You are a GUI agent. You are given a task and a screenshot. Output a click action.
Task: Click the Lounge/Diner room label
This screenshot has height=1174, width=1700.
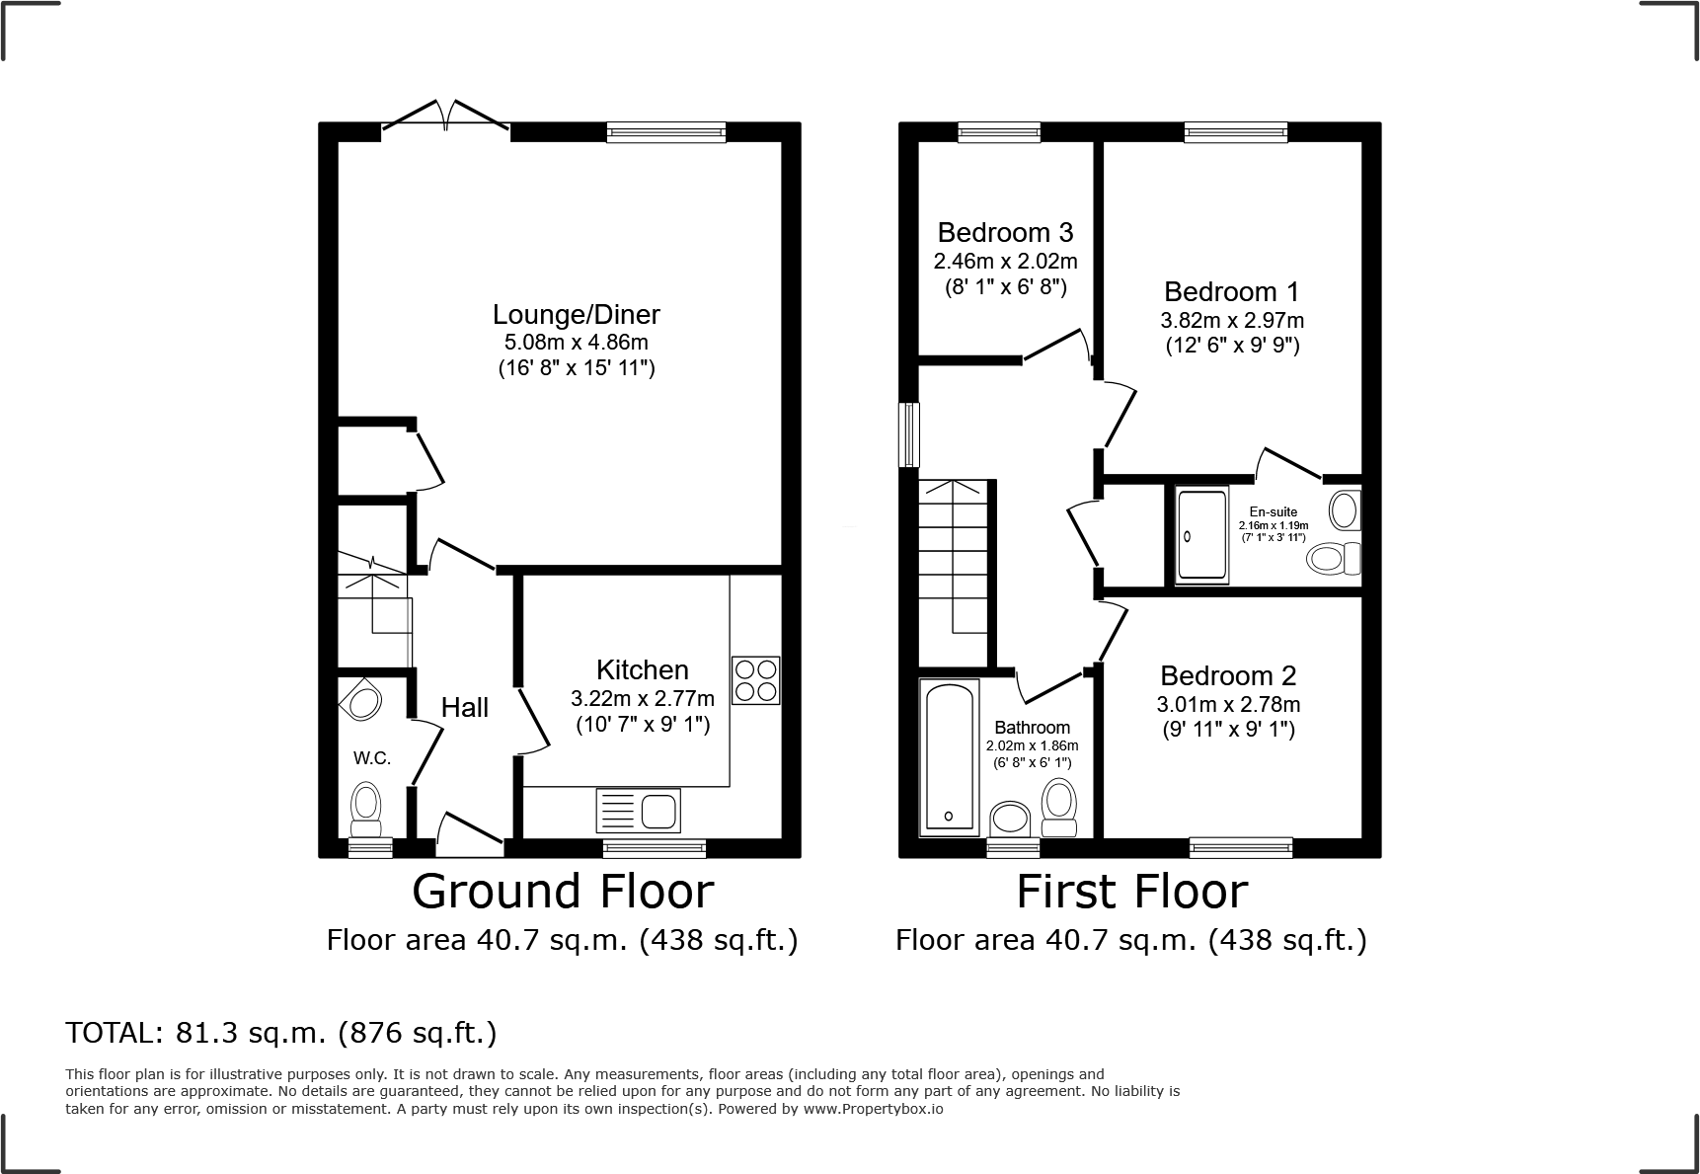point(576,315)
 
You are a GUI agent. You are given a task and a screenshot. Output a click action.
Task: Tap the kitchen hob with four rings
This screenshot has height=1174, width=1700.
point(755,680)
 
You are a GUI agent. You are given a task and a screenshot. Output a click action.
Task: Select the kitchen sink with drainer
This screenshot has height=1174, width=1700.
point(638,811)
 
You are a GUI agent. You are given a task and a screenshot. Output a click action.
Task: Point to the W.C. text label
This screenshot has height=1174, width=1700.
point(372,758)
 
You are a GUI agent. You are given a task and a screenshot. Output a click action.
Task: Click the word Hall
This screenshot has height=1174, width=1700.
point(464,707)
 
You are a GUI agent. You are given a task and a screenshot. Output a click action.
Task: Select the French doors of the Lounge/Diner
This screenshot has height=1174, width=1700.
point(446,117)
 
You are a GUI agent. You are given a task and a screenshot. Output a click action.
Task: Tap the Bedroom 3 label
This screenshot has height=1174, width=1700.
point(1005,233)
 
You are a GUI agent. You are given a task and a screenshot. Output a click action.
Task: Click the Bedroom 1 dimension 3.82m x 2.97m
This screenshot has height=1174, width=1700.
point(1231,321)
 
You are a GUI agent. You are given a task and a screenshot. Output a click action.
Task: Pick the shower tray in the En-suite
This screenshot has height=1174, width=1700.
point(1201,535)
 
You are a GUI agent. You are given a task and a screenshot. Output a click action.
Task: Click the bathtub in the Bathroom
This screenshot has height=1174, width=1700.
point(949,755)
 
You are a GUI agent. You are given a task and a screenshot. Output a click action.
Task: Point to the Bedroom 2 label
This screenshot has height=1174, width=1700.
point(1227,676)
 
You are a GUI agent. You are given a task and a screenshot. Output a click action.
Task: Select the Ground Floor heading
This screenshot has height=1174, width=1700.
point(562,892)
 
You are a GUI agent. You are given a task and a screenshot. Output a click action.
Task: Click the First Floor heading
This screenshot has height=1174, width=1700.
point(1131,892)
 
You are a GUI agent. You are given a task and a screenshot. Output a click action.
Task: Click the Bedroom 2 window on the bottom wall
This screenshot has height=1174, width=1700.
point(1240,846)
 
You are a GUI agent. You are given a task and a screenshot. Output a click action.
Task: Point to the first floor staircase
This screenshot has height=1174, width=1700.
point(954,568)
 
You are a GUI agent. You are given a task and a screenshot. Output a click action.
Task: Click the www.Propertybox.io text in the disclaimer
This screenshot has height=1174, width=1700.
point(872,1109)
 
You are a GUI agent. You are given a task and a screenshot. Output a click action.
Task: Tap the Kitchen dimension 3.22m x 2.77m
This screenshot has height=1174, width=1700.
point(642,699)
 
